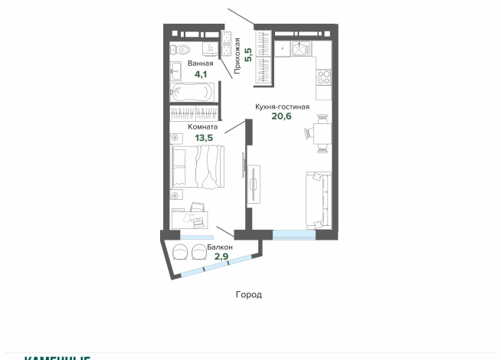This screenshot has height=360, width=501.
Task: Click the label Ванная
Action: point(201,64)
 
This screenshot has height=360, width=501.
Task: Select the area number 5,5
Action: point(248,54)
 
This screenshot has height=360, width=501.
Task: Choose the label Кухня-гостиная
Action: point(283,107)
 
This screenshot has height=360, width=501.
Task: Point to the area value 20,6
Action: point(283,118)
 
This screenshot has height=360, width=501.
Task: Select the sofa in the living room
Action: point(318,199)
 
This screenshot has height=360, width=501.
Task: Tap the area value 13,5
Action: point(204,139)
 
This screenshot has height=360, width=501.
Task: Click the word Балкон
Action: point(219,247)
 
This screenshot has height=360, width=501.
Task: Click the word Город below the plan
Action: point(250,294)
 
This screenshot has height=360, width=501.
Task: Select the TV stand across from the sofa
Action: point(254,185)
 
